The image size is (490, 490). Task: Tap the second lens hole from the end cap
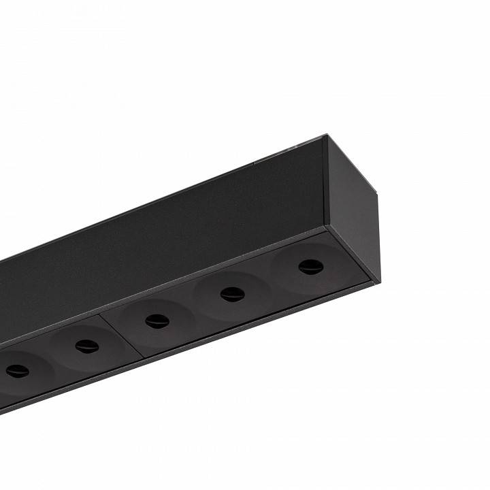point(232,293)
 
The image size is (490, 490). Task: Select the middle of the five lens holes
point(157,321)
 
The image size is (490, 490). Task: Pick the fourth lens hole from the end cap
point(87,346)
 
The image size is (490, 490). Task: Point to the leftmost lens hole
point(16,371)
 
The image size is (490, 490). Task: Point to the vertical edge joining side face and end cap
point(325,184)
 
